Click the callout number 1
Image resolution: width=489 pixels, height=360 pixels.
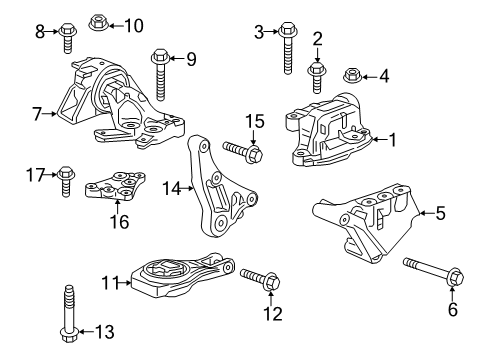(392, 140)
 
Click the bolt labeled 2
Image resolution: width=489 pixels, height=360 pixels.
(317, 73)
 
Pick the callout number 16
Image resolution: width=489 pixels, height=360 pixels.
(120, 222)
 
